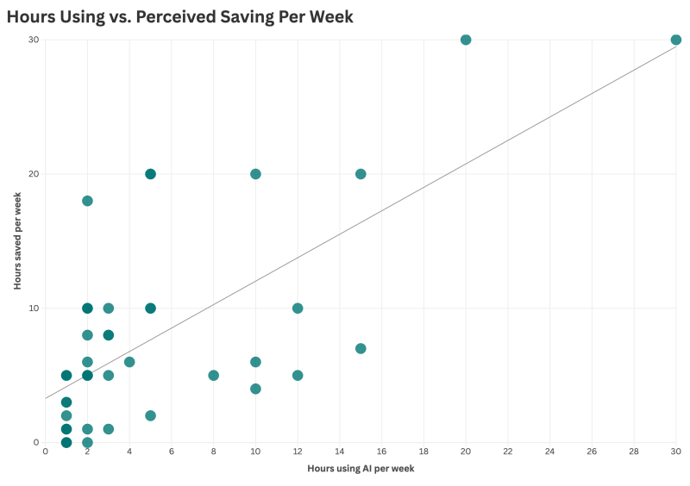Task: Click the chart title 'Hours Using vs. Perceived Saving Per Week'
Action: click(x=180, y=16)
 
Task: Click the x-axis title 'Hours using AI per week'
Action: click(x=361, y=469)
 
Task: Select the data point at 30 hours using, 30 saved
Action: click(x=676, y=40)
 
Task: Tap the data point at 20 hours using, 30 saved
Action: click(x=466, y=40)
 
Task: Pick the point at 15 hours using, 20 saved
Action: click(x=361, y=174)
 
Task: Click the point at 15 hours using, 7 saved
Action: click(x=361, y=349)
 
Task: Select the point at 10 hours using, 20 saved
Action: click(x=255, y=174)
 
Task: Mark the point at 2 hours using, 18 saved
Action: click(x=87, y=201)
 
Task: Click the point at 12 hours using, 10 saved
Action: click(x=298, y=308)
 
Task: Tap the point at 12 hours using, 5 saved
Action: click(x=298, y=376)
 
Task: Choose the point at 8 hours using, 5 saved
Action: click(x=213, y=376)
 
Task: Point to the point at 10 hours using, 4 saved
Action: click(x=255, y=389)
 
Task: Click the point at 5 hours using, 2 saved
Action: click(x=150, y=415)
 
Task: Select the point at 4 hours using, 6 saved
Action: click(x=129, y=362)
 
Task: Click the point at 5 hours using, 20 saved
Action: click(x=150, y=174)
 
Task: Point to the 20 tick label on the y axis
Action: click(x=33, y=174)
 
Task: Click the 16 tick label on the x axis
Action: click(x=381, y=452)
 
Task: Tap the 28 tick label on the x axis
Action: click(x=634, y=452)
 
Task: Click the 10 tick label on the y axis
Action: click(x=33, y=308)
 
